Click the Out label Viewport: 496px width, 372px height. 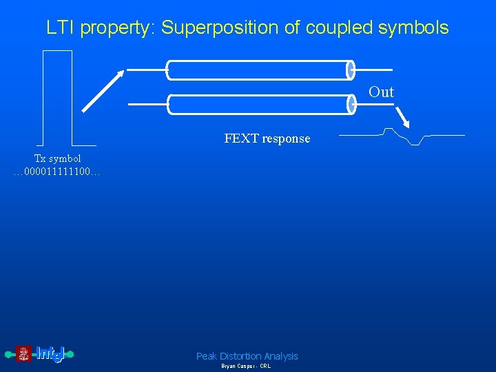pyautogui.click(x=381, y=92)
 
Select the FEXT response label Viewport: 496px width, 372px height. pyautogui.click(x=267, y=138)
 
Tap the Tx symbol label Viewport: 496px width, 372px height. pyautogui.click(x=58, y=158)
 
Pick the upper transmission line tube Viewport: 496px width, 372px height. pyautogui.click(x=259, y=70)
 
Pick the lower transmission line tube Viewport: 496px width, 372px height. pyautogui.click(x=259, y=104)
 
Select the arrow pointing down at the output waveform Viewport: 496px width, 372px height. pyautogui.click(x=402, y=116)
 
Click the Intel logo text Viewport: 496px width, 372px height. pyautogui.click(x=50, y=354)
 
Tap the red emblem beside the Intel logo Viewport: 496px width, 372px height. pyautogui.click(x=23, y=354)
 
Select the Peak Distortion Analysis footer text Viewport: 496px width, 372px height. pyautogui.click(x=247, y=356)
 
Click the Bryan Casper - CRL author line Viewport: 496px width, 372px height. pyautogui.click(x=246, y=366)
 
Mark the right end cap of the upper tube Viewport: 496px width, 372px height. pyautogui.click(x=350, y=70)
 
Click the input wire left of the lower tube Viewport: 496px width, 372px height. pyautogui.click(x=147, y=104)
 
